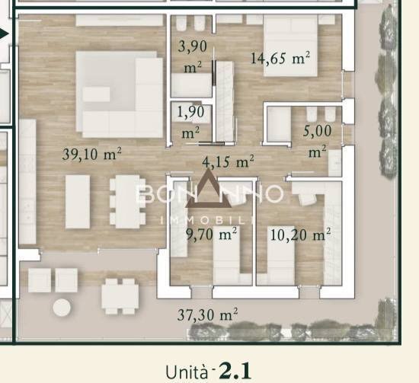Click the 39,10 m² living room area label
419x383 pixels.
[92, 154]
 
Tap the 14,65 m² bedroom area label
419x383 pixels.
[280, 58]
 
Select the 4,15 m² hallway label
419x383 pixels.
[228, 161]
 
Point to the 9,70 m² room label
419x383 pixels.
[211, 235]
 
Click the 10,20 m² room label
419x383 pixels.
[300, 235]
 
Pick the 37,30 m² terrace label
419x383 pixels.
[207, 314]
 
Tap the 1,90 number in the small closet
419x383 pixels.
[190, 111]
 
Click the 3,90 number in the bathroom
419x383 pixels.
[193, 46]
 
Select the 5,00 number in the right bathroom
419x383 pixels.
[317, 131]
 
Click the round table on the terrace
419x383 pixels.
[62, 308]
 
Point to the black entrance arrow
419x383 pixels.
[4, 34]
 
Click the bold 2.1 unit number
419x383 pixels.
[235, 371]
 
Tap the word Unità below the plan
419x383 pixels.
[187, 372]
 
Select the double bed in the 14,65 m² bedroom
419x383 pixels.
[290, 46]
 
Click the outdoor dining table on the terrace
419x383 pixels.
[120, 297]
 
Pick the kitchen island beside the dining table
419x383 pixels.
[78, 202]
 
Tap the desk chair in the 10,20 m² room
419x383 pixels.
[307, 199]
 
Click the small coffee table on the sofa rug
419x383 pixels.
[96, 94]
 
